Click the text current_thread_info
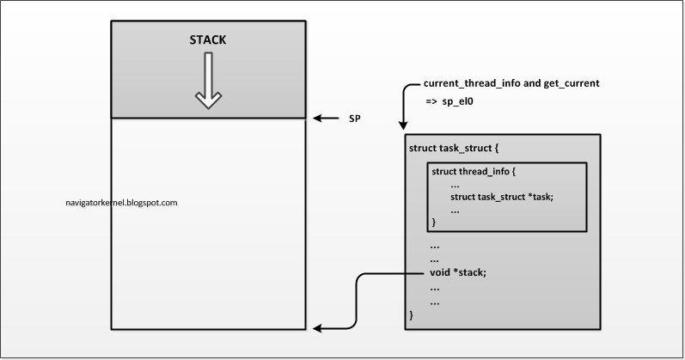471,85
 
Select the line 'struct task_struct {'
453,149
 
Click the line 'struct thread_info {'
474,171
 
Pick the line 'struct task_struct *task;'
501,197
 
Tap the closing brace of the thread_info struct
434,222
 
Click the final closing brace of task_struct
412,315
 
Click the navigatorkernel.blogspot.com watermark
121,203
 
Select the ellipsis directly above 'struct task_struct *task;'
455,184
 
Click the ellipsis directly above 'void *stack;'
436,259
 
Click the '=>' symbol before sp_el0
433,101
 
